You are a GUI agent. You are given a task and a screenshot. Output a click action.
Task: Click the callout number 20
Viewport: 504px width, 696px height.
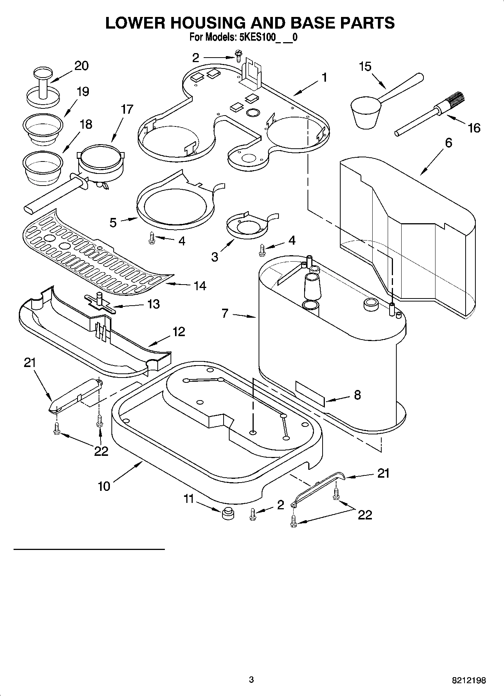(81, 66)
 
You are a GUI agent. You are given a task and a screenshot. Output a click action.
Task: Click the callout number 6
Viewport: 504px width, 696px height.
(448, 143)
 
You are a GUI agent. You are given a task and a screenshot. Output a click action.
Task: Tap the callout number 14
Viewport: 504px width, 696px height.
(199, 286)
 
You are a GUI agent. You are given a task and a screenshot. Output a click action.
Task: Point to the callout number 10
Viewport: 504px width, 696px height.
(104, 486)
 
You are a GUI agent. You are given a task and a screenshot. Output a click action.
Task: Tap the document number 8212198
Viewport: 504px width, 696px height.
(469, 680)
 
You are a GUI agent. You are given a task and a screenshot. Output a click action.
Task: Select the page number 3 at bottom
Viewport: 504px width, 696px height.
(251, 679)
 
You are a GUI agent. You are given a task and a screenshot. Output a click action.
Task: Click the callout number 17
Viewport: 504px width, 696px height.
(127, 110)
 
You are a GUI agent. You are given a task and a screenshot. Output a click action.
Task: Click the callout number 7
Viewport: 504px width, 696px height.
(225, 313)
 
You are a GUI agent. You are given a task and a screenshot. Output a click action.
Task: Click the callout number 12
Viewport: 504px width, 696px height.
(179, 332)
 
